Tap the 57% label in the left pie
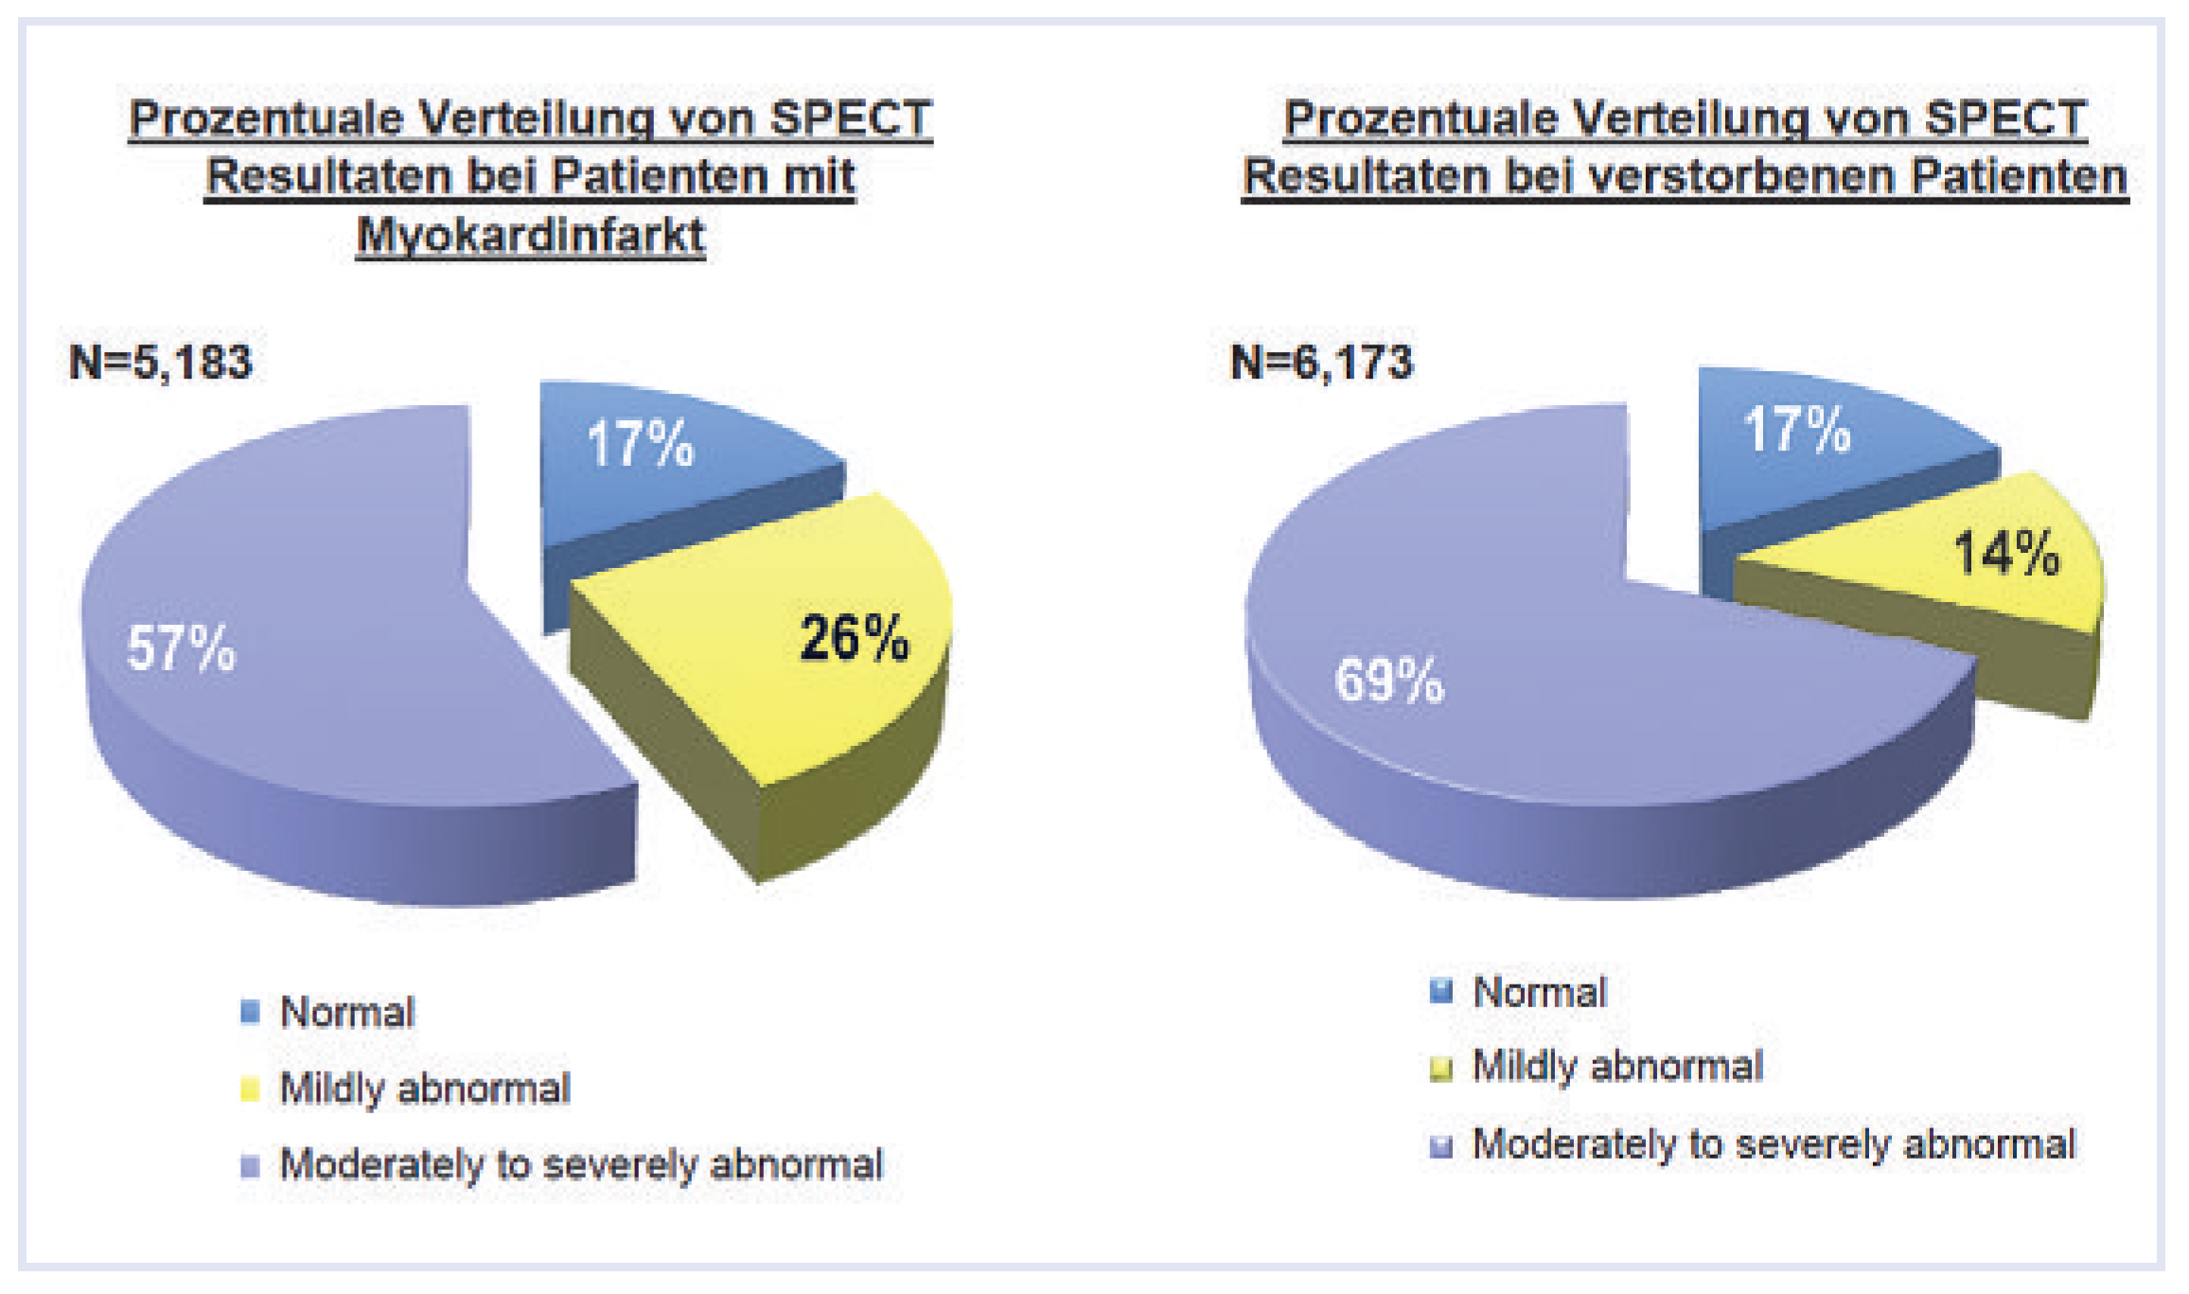[181, 648]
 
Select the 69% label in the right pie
[1389, 680]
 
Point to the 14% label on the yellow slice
[2006, 553]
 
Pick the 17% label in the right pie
[1797, 430]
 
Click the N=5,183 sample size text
[161, 363]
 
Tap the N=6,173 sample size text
[1321, 363]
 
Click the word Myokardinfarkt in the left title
[530, 236]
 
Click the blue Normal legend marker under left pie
[250, 1012]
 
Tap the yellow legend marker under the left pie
[250, 1089]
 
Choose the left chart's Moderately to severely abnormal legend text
[580, 1164]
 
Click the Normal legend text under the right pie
[1539, 992]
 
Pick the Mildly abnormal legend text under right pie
[1617, 1067]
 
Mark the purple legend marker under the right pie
[1440, 1146]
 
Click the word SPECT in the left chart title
[850, 119]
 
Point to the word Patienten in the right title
[2018, 177]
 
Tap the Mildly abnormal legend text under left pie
[425, 1089]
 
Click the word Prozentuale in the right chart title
[1420, 119]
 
